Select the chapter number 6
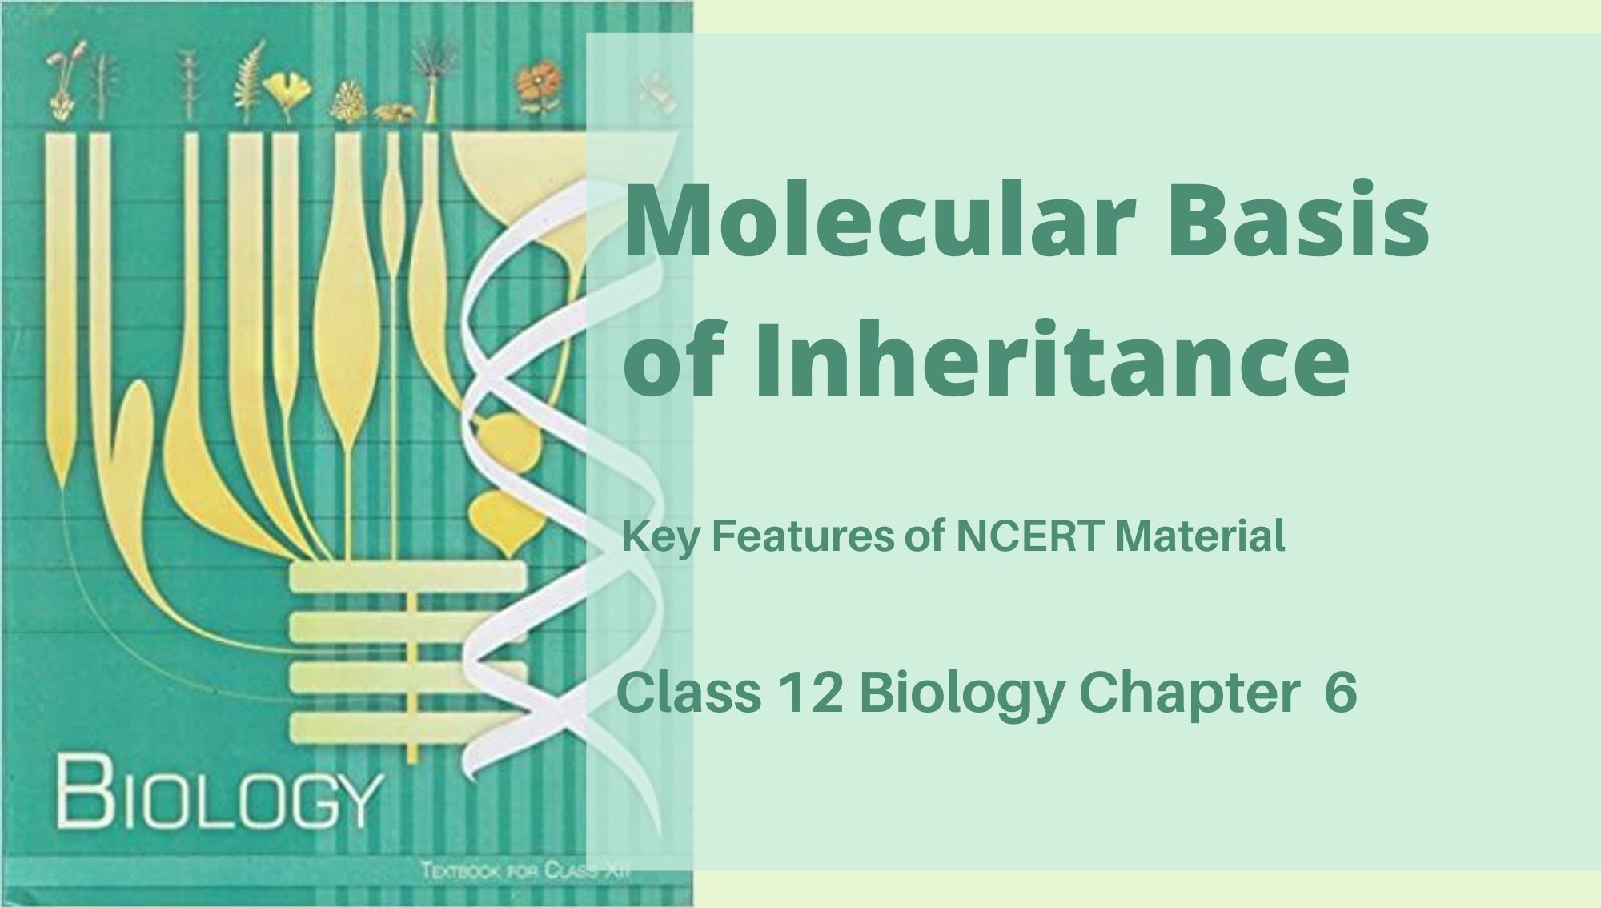[1341, 693]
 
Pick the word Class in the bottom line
[689, 693]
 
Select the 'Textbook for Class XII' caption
[525, 871]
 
